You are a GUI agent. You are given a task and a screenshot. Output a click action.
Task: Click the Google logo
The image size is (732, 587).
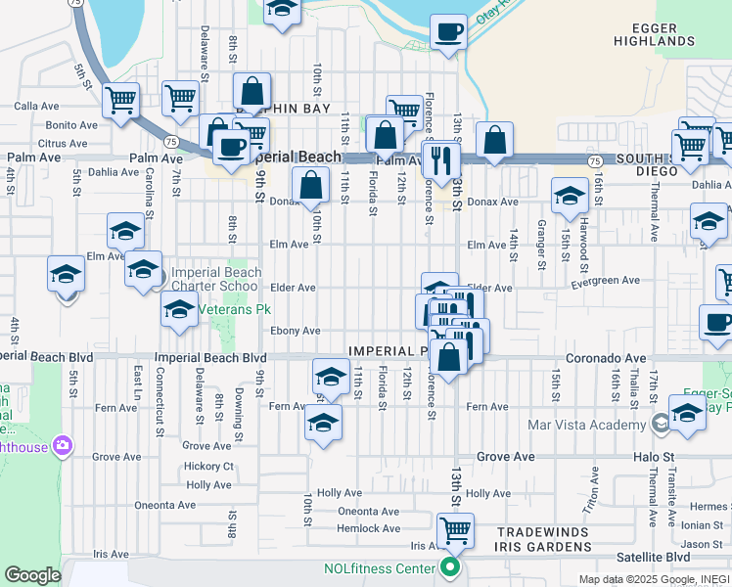(32, 575)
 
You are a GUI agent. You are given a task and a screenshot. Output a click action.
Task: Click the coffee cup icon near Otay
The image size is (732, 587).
(448, 31)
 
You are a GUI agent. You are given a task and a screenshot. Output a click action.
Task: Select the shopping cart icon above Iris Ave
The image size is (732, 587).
(455, 531)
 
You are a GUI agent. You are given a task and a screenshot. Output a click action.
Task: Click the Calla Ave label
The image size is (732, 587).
(37, 106)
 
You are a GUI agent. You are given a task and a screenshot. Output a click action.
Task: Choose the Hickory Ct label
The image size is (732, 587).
(208, 467)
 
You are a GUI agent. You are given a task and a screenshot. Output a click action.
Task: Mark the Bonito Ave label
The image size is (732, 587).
(71, 125)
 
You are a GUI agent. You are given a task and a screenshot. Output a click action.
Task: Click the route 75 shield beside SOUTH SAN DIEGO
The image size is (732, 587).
(594, 159)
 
